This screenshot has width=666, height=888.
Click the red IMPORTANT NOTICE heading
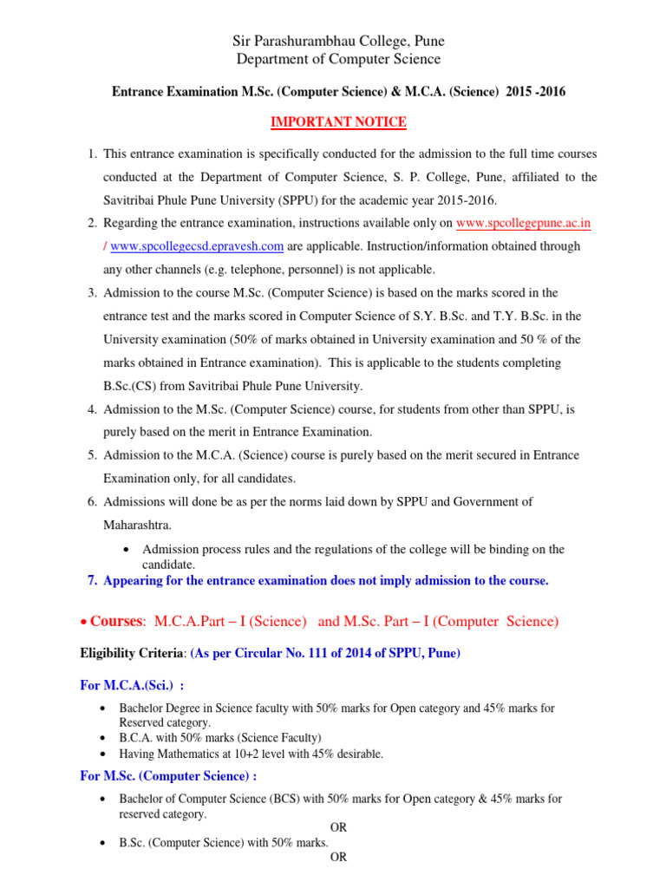click(338, 122)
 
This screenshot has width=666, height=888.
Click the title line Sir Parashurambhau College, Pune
click(338, 41)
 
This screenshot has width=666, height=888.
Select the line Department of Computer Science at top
click(338, 59)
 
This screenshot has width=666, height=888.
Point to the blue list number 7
click(91, 580)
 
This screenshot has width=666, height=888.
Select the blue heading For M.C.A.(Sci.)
click(130, 685)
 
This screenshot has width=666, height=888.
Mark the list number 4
click(91, 408)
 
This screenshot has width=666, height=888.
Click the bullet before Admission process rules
click(127, 550)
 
